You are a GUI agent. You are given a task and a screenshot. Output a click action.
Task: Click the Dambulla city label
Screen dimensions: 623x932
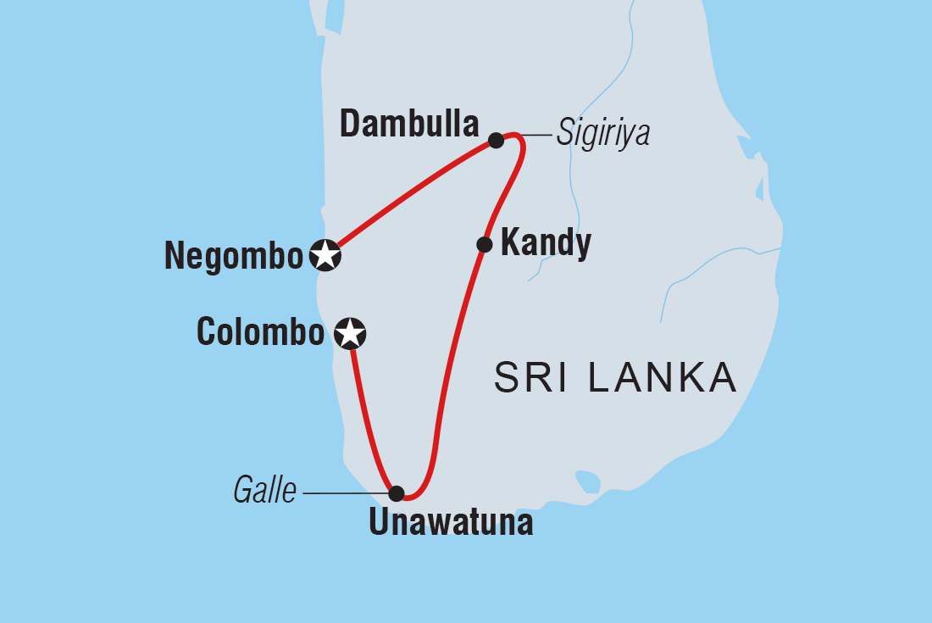click(409, 125)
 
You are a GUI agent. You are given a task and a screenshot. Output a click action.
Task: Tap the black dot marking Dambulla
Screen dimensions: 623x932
click(497, 140)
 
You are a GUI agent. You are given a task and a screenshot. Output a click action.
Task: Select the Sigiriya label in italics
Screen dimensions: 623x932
click(602, 135)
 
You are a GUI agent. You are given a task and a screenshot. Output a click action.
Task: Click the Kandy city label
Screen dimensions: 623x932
click(546, 244)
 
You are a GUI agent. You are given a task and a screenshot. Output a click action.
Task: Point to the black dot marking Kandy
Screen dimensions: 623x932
click(484, 245)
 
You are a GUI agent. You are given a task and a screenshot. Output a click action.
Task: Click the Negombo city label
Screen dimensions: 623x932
click(233, 256)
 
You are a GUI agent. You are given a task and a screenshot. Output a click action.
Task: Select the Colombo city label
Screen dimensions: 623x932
click(260, 332)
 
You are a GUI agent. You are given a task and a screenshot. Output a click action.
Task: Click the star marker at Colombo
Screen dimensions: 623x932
click(350, 333)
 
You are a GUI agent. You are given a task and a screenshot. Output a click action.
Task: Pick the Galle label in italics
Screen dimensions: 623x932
click(265, 492)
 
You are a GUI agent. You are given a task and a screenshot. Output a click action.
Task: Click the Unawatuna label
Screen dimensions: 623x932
click(451, 523)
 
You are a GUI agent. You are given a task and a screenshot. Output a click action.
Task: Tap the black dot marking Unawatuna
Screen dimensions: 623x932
click(396, 492)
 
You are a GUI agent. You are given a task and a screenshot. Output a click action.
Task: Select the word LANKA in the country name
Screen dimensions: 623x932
click(662, 378)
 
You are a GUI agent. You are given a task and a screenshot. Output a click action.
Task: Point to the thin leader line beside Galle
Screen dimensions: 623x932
click(343, 492)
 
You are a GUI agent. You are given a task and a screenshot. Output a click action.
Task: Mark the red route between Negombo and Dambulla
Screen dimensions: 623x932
click(411, 192)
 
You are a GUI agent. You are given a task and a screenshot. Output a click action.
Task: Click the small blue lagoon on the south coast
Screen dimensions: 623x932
click(587, 481)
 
